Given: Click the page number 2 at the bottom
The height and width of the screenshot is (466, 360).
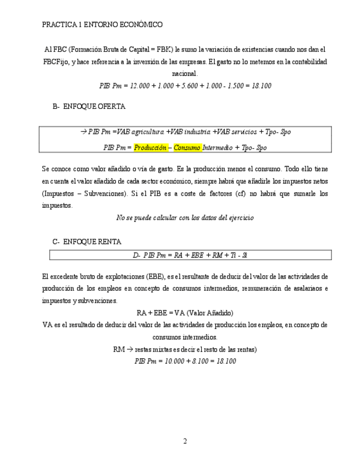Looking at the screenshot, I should [x=185, y=441].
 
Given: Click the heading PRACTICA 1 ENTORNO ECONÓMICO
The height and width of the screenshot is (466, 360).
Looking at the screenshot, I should [x=102, y=25].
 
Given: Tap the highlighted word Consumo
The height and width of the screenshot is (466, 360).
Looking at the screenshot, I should [x=187, y=148].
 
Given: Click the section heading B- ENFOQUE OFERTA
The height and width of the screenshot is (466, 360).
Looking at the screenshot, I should [x=89, y=107].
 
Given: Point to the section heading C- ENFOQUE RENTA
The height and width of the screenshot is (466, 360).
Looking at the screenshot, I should [x=87, y=241].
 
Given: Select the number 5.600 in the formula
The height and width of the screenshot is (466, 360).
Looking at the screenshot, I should [x=189, y=86].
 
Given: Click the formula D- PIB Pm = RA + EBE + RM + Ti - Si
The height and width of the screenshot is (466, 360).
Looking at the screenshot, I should [x=190, y=255].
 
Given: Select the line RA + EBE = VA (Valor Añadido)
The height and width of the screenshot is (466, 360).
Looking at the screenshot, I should [x=185, y=313].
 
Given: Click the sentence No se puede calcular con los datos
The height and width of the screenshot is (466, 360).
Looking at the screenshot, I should [x=185, y=218].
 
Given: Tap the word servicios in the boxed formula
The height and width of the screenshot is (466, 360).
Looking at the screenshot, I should [x=242, y=132].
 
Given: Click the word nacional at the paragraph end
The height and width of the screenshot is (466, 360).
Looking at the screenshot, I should [x=184, y=74].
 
